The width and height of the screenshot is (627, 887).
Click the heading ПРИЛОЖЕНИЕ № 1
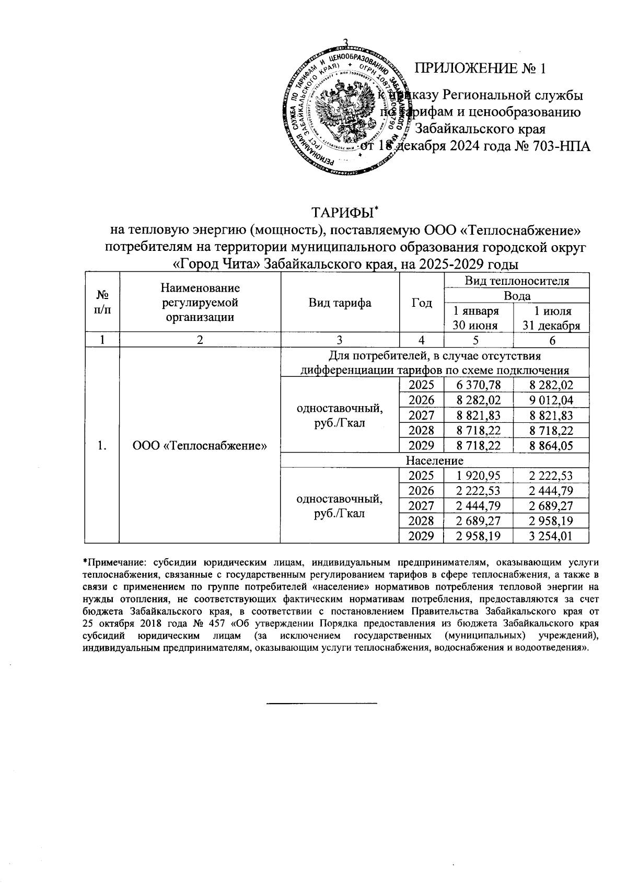pyautogui.click(x=480, y=68)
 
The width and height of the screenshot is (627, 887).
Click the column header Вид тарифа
pyautogui.click(x=340, y=303)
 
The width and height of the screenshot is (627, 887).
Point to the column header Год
pyautogui.click(x=421, y=303)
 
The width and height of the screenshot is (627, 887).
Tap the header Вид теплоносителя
pyautogui.click(x=516, y=281)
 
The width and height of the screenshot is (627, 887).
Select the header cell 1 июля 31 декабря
pyautogui.click(x=552, y=318)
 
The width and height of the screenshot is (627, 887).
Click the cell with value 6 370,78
pyautogui.click(x=478, y=385)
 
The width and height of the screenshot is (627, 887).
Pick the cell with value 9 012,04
pyautogui.click(x=551, y=400)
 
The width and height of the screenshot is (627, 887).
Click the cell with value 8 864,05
pyautogui.click(x=551, y=445)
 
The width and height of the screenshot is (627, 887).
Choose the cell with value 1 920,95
pyautogui.click(x=478, y=476)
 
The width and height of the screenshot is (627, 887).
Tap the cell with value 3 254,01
pyautogui.click(x=551, y=536)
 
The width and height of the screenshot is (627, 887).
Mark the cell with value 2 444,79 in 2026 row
pyautogui.click(x=551, y=491)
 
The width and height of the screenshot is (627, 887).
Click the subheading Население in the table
pyautogui.click(x=435, y=460)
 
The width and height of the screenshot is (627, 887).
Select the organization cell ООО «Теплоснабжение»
pyautogui.click(x=200, y=445)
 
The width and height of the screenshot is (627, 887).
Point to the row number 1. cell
pyautogui.click(x=102, y=445)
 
